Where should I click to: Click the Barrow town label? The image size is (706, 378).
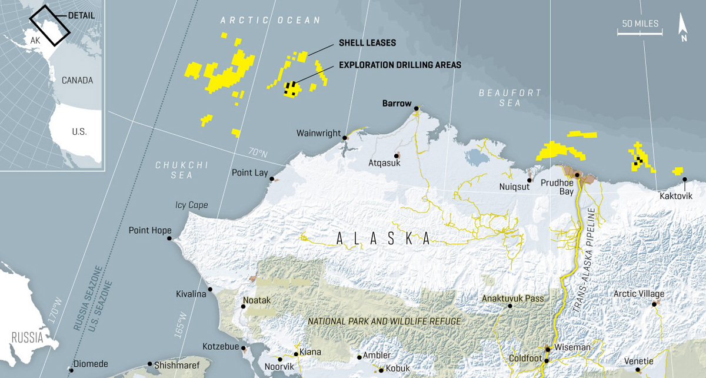[x=397, y=104]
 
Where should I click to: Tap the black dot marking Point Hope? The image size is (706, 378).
[x=169, y=238]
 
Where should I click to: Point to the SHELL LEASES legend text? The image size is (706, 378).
[x=367, y=43]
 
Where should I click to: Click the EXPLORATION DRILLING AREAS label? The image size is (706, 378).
[x=390, y=65]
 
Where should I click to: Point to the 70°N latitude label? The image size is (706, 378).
[x=257, y=152]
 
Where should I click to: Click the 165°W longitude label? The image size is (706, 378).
[x=180, y=323]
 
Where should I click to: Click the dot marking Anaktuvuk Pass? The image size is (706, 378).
[x=510, y=306]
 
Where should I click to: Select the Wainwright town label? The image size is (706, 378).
[x=318, y=132]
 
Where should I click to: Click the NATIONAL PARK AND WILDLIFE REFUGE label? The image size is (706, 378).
[x=385, y=321]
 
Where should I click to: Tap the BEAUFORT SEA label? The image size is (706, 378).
[x=501, y=98]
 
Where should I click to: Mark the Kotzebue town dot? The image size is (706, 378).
[x=244, y=347]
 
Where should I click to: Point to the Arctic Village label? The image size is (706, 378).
[x=638, y=293]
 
